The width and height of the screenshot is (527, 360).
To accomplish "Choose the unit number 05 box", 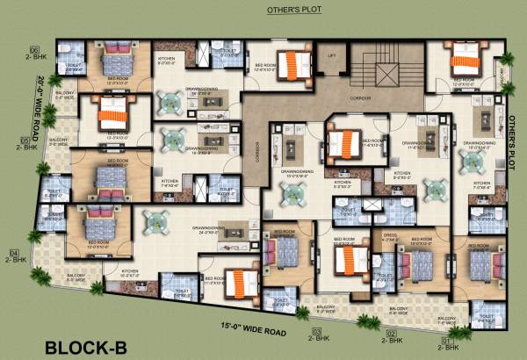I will pos(24,140).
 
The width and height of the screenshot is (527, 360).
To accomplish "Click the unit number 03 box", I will pos(315,330).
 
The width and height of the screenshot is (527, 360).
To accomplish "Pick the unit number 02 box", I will pos(393,334).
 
